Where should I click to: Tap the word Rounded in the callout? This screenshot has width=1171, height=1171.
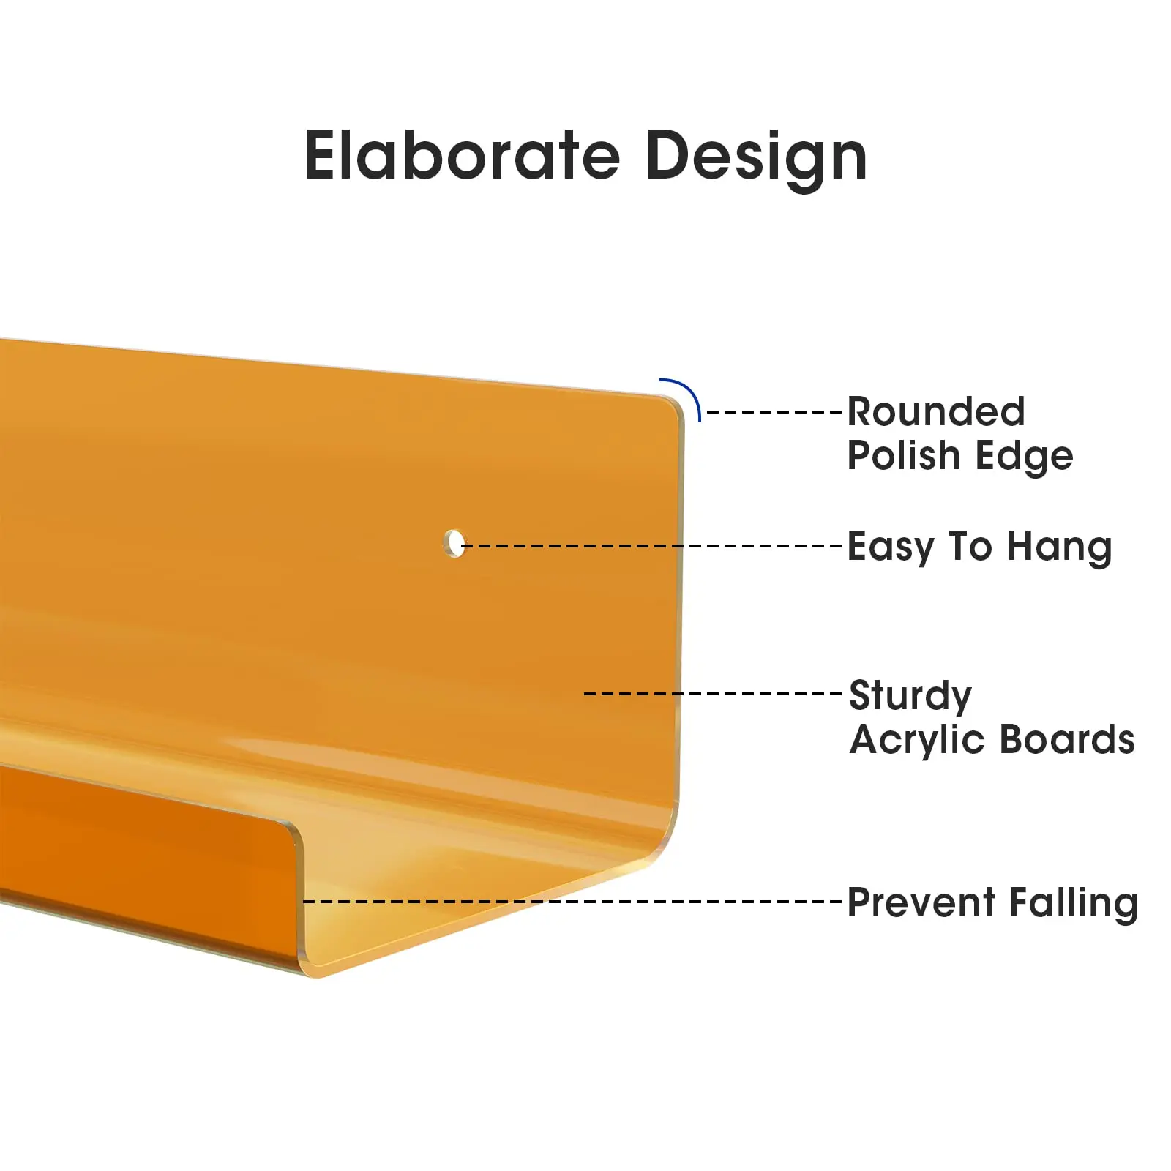point(936,411)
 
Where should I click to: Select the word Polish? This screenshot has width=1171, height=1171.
point(904,455)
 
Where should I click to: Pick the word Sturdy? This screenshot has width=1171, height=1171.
point(910,697)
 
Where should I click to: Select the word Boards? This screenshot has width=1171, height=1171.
point(1068,739)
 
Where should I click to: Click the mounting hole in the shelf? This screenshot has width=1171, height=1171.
point(454,543)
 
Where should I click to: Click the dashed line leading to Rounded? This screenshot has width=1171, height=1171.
point(775,412)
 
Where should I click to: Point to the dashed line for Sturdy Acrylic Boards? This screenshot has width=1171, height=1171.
point(714,693)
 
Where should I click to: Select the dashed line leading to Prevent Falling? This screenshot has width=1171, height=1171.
point(573,902)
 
